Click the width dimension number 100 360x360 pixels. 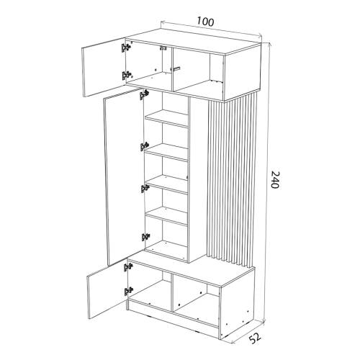(x=205, y=22)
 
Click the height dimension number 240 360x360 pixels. (x=274, y=179)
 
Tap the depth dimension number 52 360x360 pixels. (x=254, y=338)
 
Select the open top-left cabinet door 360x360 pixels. (x=104, y=67)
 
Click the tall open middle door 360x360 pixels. (x=124, y=176)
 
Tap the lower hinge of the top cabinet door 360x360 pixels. (x=126, y=76)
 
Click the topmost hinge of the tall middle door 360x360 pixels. (x=144, y=94)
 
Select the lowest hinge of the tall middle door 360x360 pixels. (x=145, y=237)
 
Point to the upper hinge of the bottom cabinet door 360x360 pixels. (x=128, y=267)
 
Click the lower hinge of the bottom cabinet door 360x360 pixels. (x=128, y=291)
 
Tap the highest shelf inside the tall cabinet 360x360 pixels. (x=166, y=118)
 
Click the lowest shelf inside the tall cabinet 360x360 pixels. (x=166, y=216)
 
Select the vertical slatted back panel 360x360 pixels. (x=231, y=180)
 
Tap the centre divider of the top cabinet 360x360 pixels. (x=172, y=69)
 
